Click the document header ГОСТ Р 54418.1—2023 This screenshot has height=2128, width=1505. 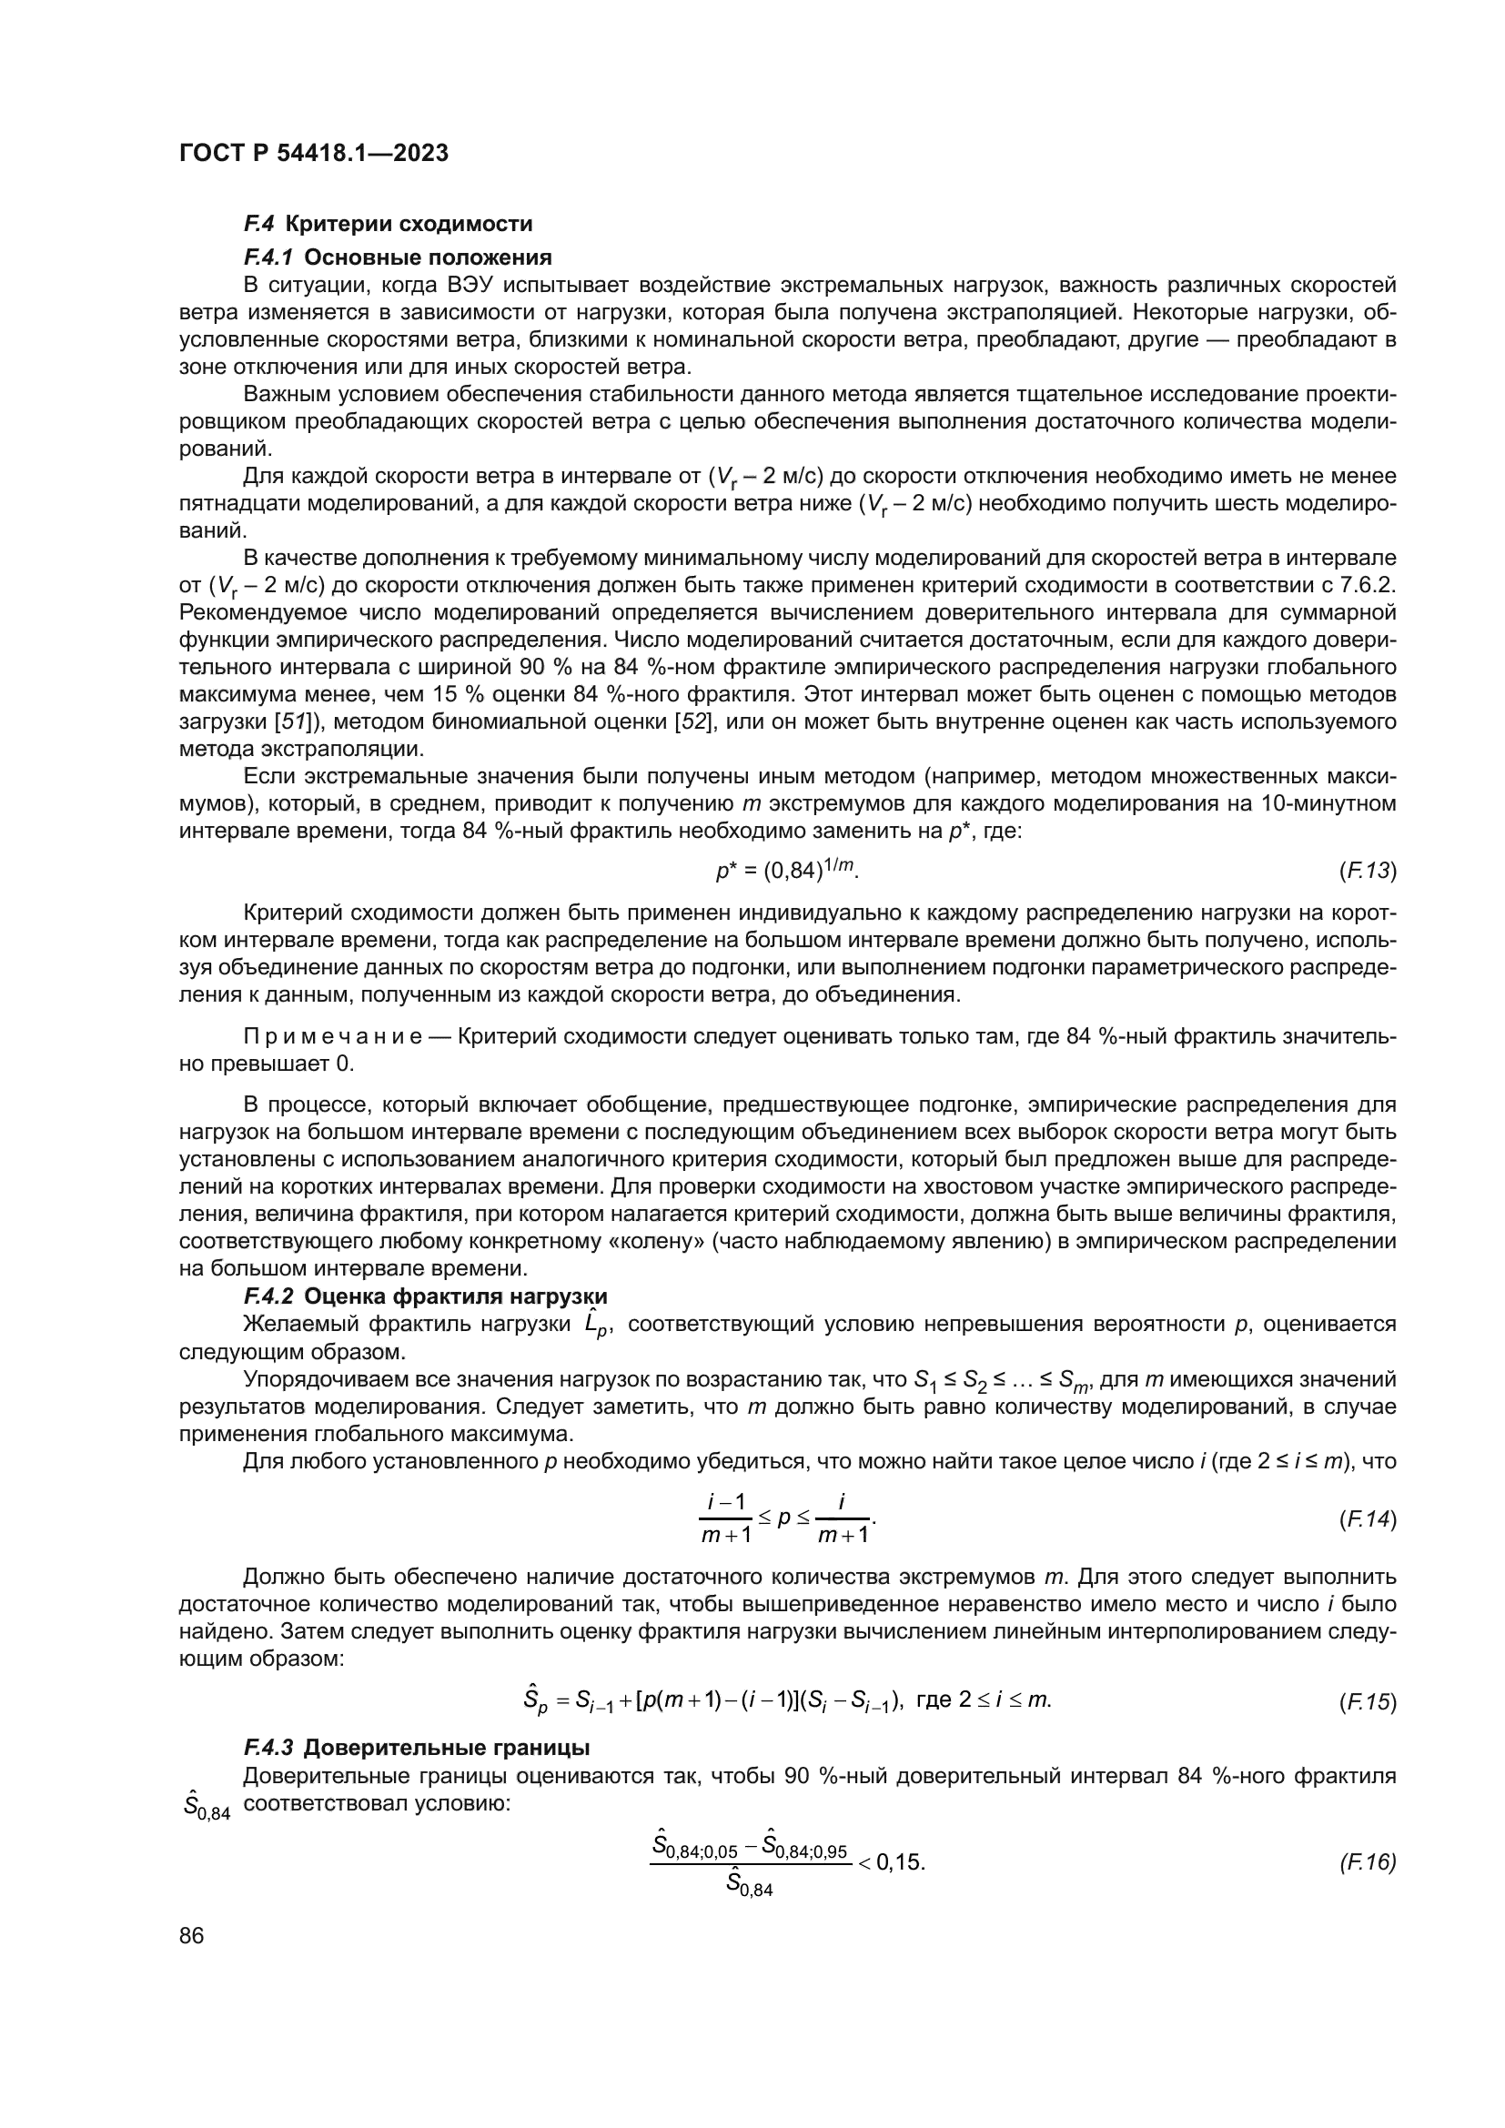(x=313, y=153)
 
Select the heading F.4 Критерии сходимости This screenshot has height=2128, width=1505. (x=388, y=224)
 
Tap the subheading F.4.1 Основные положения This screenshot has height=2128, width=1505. (x=398, y=257)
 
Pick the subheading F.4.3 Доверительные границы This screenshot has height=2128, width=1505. (x=416, y=1748)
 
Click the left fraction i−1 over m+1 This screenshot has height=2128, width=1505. (x=725, y=1519)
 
